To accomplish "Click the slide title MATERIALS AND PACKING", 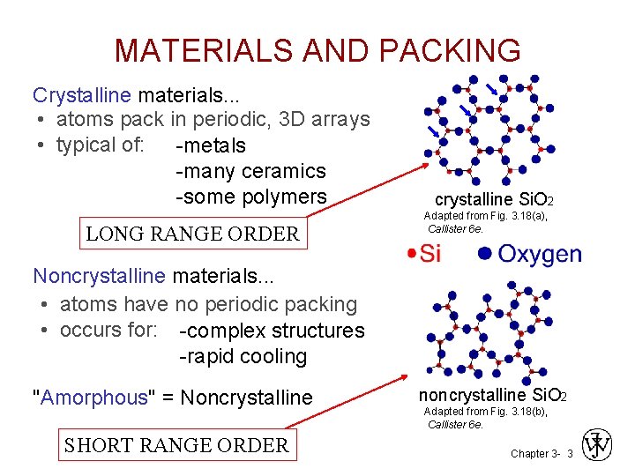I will tap(317, 50).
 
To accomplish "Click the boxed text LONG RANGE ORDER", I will tap(192, 234).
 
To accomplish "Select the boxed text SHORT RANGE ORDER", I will tap(176, 445).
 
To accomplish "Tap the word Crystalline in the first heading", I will tap(81, 93).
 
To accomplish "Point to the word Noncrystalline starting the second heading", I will tap(99, 276).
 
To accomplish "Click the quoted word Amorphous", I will tap(91, 398).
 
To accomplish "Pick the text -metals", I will tap(211, 145).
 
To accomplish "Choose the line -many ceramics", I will tap(251, 171).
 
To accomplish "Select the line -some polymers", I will tap(251, 197).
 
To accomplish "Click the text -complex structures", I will tap(272, 331).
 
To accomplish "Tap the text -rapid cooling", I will tap(243, 356).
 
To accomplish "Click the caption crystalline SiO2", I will tap(494, 200).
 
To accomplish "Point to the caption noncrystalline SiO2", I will tap(492, 395).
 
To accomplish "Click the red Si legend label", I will tap(430, 255).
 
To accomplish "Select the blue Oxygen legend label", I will tap(540, 255).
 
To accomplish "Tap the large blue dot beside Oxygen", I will tap(483, 255).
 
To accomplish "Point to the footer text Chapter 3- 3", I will tap(542, 453).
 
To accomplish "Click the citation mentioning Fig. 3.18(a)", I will tap(485, 222).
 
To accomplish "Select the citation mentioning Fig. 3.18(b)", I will tap(485, 418).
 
